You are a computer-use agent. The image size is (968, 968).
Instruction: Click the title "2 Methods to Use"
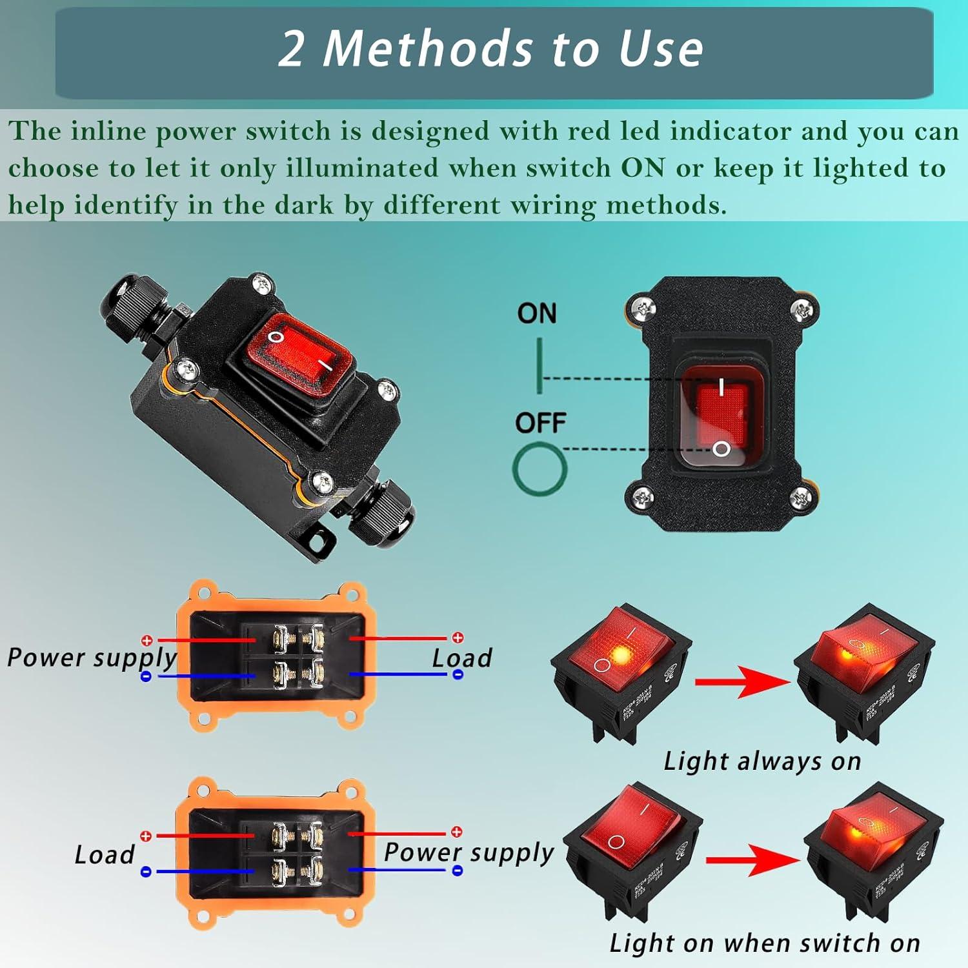(x=490, y=50)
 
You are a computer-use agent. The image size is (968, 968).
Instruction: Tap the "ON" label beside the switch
(x=536, y=314)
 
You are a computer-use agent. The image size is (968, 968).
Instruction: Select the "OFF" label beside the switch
(x=540, y=423)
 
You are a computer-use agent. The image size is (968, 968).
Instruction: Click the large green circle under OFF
(x=539, y=469)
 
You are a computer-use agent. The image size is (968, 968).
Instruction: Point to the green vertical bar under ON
(x=539, y=365)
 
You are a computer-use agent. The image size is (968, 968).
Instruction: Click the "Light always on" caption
(x=762, y=761)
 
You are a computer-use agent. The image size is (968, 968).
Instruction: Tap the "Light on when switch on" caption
(x=765, y=943)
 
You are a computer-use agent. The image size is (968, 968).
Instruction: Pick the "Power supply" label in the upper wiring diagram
(x=92, y=658)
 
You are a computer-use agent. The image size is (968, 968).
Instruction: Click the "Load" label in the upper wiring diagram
(x=462, y=658)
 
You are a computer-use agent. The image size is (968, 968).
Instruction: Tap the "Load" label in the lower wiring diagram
(x=105, y=854)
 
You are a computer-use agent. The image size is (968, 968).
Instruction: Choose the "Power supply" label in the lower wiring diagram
(x=469, y=852)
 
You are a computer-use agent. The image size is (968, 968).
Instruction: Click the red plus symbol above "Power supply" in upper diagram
(x=147, y=640)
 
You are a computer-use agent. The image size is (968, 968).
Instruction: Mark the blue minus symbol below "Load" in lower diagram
(x=146, y=872)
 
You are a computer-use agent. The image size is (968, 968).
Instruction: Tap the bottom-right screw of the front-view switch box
(x=801, y=497)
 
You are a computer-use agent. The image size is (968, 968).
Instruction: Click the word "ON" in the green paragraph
(x=643, y=168)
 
